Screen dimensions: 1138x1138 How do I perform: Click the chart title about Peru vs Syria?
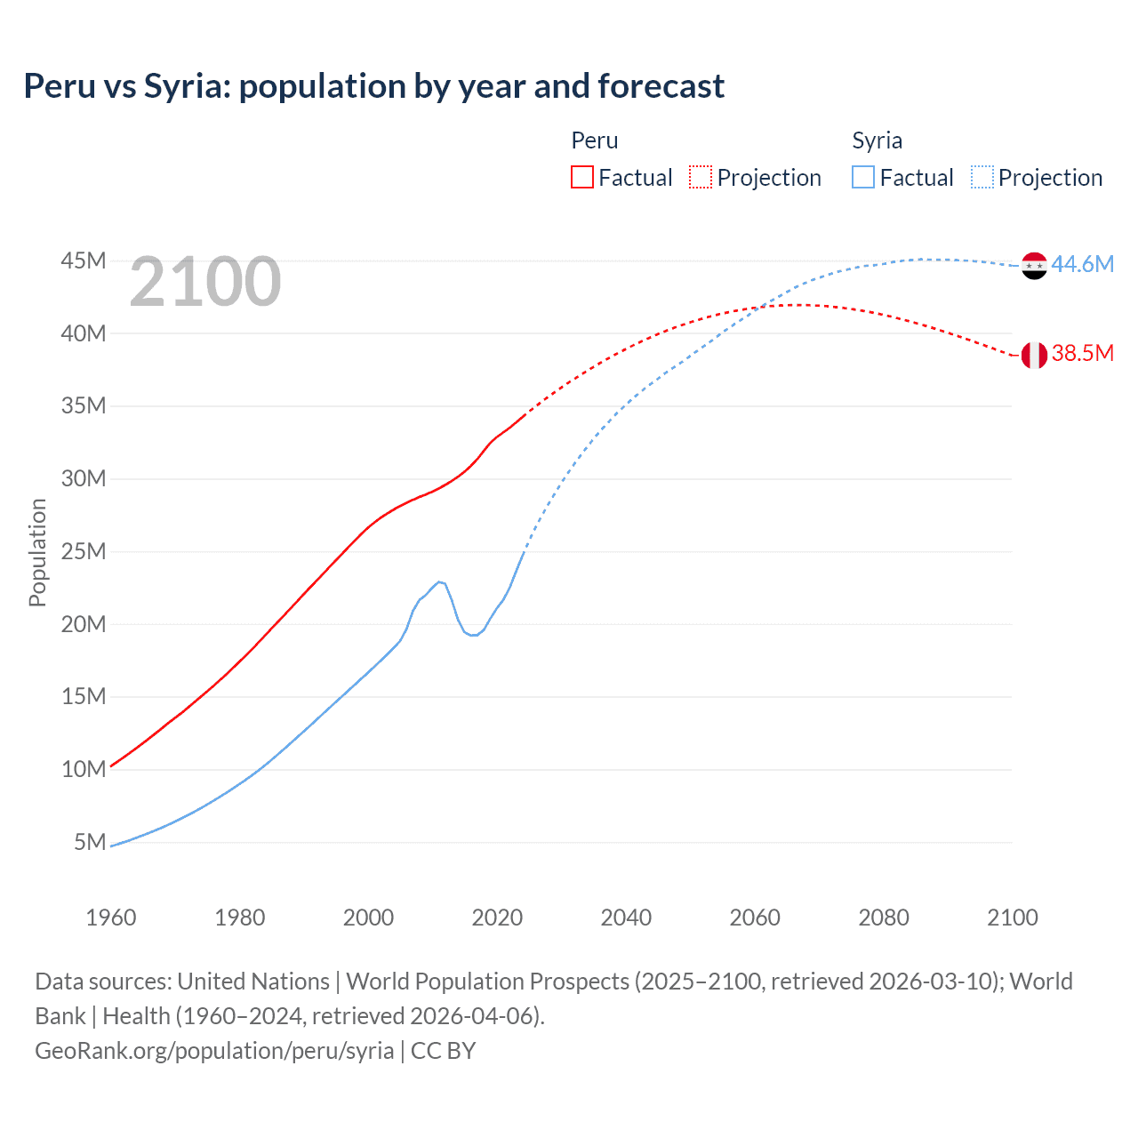[373, 86]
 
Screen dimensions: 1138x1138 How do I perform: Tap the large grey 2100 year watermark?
[205, 282]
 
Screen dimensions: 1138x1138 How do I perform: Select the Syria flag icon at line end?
[1034, 265]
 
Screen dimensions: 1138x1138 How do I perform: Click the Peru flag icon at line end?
[1034, 355]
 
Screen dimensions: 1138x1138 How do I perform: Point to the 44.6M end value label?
[1082, 264]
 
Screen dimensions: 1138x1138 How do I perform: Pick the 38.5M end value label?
[1082, 353]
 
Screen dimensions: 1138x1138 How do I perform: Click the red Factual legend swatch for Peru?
[582, 177]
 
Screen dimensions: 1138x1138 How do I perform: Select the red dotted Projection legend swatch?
[701, 177]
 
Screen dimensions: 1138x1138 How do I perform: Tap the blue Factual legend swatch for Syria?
[863, 177]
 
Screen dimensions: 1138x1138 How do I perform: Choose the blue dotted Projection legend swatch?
[982, 177]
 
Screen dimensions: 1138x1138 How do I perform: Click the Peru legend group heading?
[595, 140]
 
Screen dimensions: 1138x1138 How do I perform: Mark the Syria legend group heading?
[877, 140]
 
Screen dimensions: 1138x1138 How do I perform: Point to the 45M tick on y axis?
[84, 260]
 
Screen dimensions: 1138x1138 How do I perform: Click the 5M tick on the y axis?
[90, 842]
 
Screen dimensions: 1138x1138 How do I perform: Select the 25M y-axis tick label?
[84, 551]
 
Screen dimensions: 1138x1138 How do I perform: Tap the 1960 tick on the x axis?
[111, 918]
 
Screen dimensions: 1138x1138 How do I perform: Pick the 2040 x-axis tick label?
[626, 918]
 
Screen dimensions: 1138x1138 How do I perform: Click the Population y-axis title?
[37, 552]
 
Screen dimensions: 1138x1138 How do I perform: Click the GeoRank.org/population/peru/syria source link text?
[214, 1051]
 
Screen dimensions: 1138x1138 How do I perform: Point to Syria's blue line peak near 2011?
[439, 582]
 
